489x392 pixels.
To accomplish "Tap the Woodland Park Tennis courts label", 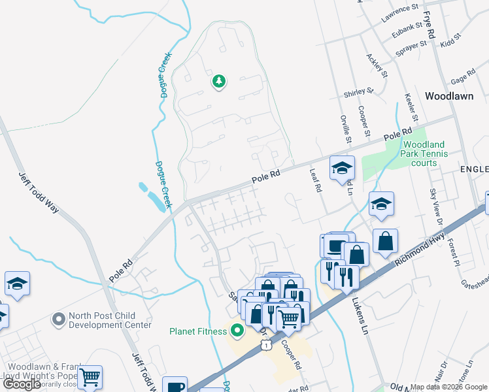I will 424,154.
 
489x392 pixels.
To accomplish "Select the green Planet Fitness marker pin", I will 237,331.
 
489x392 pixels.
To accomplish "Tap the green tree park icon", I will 219,82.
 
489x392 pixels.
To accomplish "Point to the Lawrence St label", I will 400,9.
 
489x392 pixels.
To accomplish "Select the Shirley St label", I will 359,93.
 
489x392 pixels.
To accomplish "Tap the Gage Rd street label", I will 462,76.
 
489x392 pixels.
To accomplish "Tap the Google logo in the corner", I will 22,384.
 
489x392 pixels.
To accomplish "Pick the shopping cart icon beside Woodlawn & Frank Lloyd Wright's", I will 90,376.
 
